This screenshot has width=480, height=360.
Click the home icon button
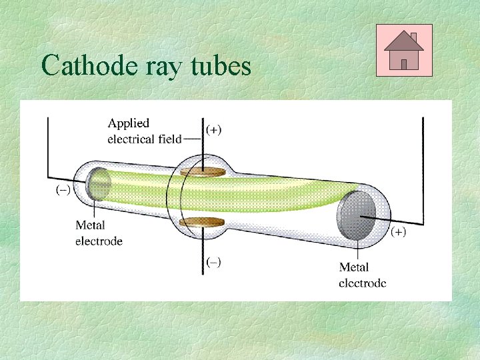click(x=404, y=50)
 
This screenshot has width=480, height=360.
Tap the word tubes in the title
click(x=223, y=67)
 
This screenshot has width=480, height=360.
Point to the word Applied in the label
click(x=129, y=124)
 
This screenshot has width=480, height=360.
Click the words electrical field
click(x=144, y=139)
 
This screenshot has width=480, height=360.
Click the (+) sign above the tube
click(x=214, y=130)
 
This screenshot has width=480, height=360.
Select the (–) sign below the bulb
click(x=213, y=262)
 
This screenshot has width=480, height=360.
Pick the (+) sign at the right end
click(x=398, y=232)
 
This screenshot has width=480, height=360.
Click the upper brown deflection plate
click(x=203, y=173)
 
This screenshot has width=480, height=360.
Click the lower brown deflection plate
click(x=203, y=221)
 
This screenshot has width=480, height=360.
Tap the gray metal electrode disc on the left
click(x=99, y=184)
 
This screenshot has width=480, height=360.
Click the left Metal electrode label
click(x=98, y=233)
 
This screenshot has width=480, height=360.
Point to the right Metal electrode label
click(x=362, y=275)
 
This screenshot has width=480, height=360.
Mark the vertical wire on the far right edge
click(x=423, y=167)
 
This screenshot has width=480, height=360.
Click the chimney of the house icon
click(x=413, y=37)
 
